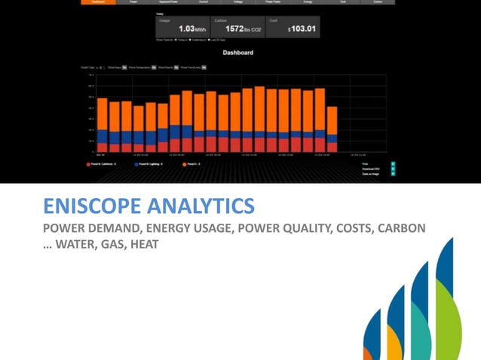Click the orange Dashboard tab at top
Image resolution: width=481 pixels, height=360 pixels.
[x=99, y=2]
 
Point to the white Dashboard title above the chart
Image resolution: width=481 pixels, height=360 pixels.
[x=237, y=53]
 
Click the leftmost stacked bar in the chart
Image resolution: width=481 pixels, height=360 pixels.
[x=103, y=125]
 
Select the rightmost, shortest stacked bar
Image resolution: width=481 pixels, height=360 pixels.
[x=332, y=130]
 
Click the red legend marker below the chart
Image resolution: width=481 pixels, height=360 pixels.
[x=88, y=163]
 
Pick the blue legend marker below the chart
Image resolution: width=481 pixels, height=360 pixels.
[x=136, y=163]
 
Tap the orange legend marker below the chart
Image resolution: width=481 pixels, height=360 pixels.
[x=184, y=163]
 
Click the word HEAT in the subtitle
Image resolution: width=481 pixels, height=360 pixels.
[x=143, y=243]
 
